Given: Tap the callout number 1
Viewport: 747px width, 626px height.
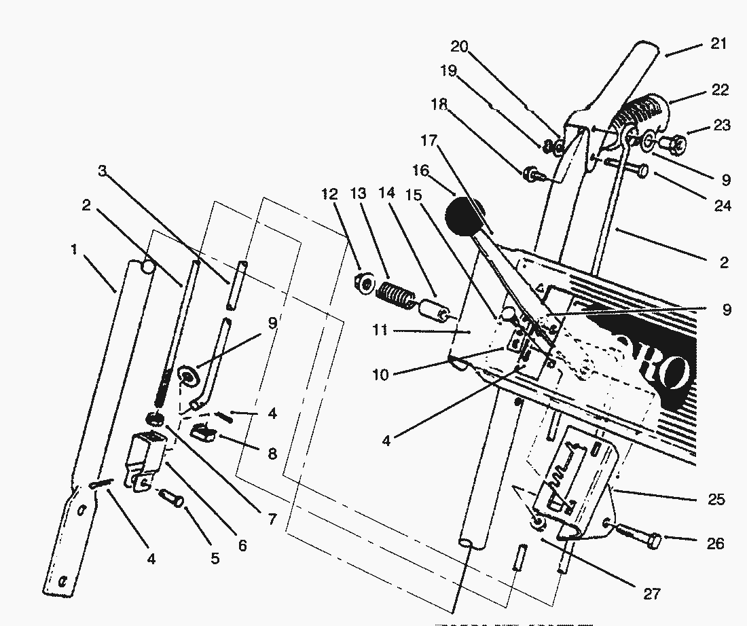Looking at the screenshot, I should coord(73,250).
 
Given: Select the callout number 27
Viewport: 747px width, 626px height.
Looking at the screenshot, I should coord(651,593).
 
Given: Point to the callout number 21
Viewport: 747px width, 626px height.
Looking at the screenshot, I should coord(718,44).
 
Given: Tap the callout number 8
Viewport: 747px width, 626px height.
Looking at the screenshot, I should coord(272,454).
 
